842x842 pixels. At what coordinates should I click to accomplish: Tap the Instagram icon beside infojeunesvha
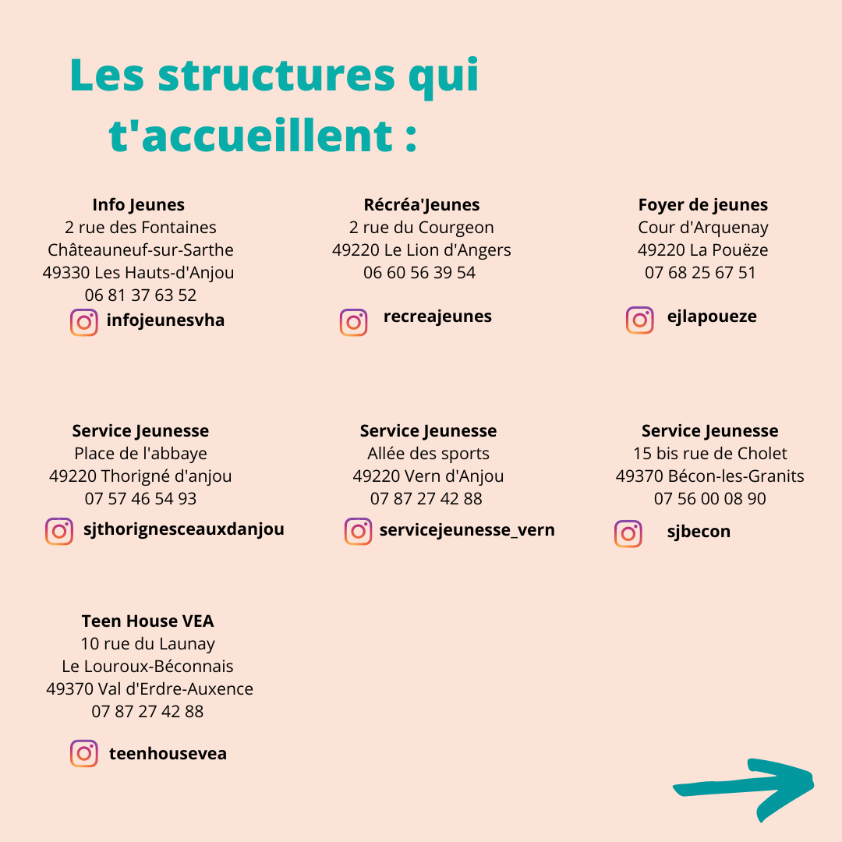[84, 322]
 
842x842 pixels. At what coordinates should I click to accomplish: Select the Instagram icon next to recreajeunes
[353, 322]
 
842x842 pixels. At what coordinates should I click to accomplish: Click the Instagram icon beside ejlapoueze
[640, 320]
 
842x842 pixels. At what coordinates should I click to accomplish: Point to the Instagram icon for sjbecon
[628, 533]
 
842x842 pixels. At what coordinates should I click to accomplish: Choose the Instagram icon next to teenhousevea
[84, 753]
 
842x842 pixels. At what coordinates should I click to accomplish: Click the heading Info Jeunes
[138, 205]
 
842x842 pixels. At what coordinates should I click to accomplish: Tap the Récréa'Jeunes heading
[422, 205]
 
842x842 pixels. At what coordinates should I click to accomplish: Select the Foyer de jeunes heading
[702, 205]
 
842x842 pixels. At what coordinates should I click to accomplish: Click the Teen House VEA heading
[147, 621]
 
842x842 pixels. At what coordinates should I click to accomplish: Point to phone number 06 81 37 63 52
[140, 295]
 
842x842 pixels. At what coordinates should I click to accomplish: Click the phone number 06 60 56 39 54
[419, 273]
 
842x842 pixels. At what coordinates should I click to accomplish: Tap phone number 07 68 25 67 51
[700, 273]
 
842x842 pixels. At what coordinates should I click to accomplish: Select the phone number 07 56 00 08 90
[709, 499]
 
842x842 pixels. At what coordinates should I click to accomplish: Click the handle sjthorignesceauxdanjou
[184, 529]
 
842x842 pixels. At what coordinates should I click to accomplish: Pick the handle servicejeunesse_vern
[467, 530]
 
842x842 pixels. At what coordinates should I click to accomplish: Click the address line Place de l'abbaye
[140, 454]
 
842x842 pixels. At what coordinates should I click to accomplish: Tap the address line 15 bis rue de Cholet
[709, 454]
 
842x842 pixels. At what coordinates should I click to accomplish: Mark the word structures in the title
[277, 76]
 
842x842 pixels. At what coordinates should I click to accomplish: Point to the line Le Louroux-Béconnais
[147, 667]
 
